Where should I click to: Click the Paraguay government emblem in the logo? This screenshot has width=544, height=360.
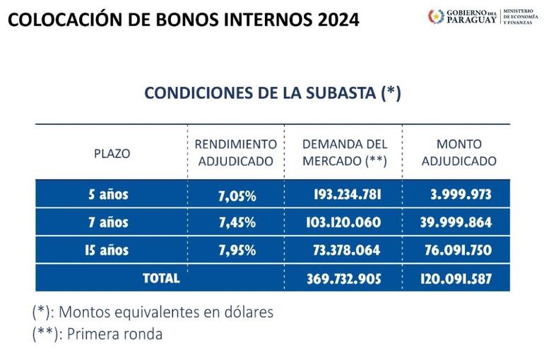pos(436,16)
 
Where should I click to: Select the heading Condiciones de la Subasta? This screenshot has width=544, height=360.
pos(273,94)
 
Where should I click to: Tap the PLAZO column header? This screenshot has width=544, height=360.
pos(112,152)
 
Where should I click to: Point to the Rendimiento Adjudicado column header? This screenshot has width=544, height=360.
pos(236,152)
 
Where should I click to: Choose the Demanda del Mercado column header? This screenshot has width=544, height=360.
pos(344,152)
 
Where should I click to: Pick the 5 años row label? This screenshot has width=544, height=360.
pos(103,194)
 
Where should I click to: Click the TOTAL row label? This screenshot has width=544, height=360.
pos(160,278)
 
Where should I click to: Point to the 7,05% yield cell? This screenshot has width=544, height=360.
pos(237,195)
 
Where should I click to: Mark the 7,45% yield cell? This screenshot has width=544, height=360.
pos(237,222)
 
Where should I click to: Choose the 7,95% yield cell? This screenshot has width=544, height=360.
pos(237,250)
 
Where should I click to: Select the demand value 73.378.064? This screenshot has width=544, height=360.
pos(347,250)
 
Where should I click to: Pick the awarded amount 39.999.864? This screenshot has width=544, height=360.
pos(456,222)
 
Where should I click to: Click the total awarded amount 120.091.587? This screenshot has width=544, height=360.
pos(456,278)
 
